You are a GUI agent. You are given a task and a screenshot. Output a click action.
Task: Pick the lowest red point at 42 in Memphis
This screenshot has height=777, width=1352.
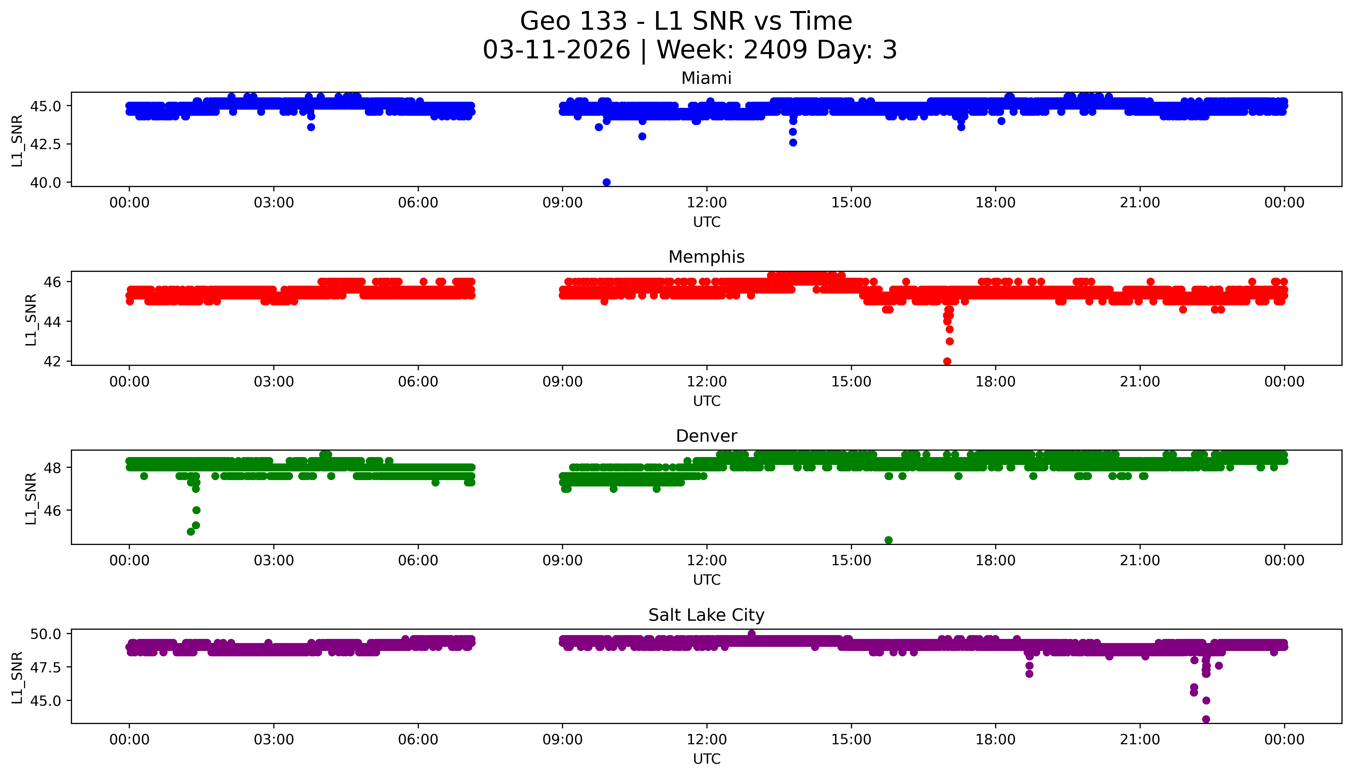point(947,361)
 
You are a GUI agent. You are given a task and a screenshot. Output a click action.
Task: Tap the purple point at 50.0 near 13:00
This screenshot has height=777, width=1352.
point(751,634)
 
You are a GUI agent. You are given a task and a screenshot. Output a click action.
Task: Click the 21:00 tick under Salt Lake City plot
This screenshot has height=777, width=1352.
point(1140,740)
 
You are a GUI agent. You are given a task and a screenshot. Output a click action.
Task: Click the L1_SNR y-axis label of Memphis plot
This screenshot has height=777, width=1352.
point(31,319)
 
